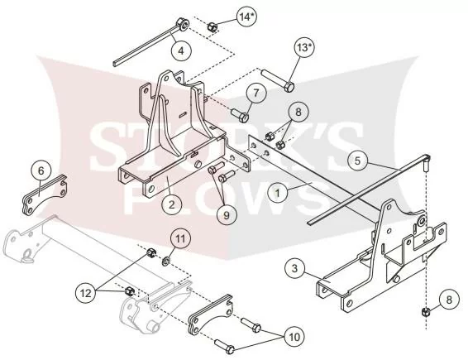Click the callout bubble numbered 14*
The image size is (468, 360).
pyautogui.click(x=247, y=17)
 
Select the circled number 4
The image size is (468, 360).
pyautogui.click(x=181, y=50)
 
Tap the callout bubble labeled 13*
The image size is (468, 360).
pyautogui.click(x=303, y=47)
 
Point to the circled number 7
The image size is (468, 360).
pyautogui.click(x=256, y=93)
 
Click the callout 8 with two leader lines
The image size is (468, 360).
pyautogui.click(x=298, y=112)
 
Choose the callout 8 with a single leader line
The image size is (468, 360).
pyautogui.click(x=449, y=300)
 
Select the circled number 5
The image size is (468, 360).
pyautogui.click(x=357, y=161)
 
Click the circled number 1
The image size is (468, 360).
pyautogui.click(x=278, y=193)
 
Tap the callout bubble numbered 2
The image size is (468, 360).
pyautogui.click(x=171, y=204)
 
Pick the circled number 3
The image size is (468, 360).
pyautogui.click(x=294, y=268)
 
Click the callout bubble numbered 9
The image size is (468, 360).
pyautogui.click(x=227, y=215)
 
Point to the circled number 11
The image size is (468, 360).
pyautogui.click(x=180, y=239)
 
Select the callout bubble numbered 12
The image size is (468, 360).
pyautogui.click(x=86, y=293)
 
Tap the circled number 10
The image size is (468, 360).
pyautogui.click(x=294, y=337)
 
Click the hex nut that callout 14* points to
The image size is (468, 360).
pyautogui.click(x=212, y=26)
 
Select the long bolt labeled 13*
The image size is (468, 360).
pyautogui.click(x=278, y=80)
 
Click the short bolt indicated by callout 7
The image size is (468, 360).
pyautogui.click(x=240, y=115)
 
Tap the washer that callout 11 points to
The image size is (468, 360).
pyautogui.click(x=166, y=262)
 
